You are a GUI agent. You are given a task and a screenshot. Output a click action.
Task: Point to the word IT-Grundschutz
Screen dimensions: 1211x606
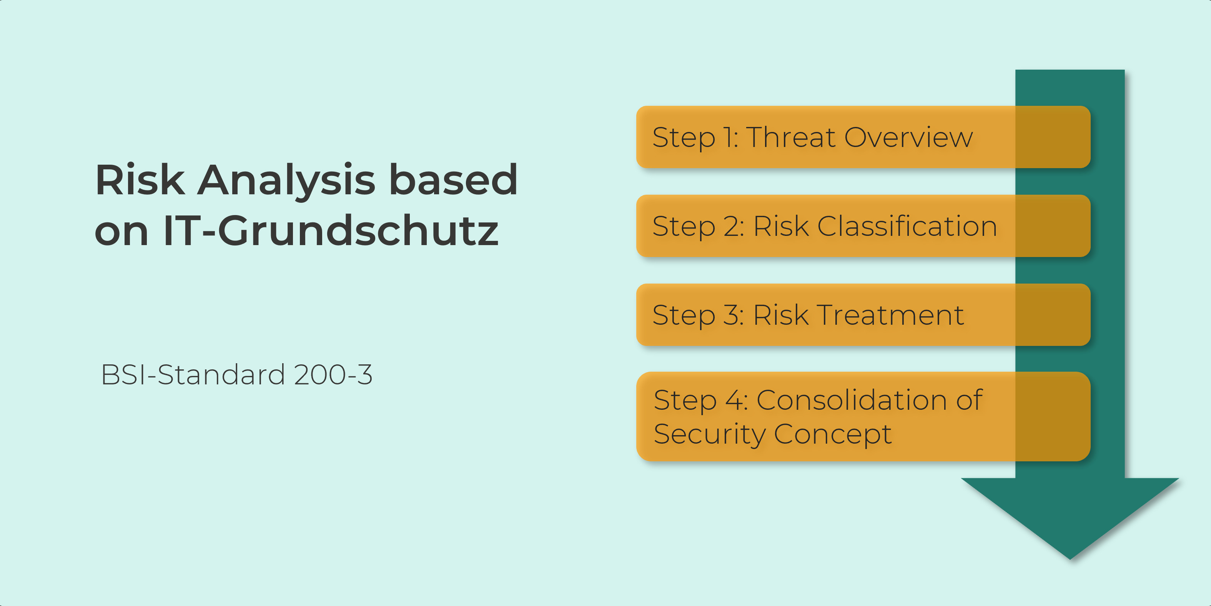tap(331, 230)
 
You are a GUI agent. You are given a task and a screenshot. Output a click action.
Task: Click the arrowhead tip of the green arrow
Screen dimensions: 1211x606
tap(1070, 559)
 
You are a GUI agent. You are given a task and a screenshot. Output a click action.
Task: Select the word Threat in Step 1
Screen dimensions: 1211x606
tap(792, 137)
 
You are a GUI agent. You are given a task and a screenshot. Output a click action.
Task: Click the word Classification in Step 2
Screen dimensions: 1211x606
tap(907, 226)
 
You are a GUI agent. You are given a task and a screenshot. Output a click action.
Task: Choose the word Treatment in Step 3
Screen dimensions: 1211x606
tap(891, 315)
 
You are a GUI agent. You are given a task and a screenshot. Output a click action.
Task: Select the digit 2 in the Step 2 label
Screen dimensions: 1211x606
tap(731, 226)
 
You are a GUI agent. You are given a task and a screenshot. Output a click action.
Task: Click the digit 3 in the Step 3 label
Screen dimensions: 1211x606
tap(731, 315)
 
